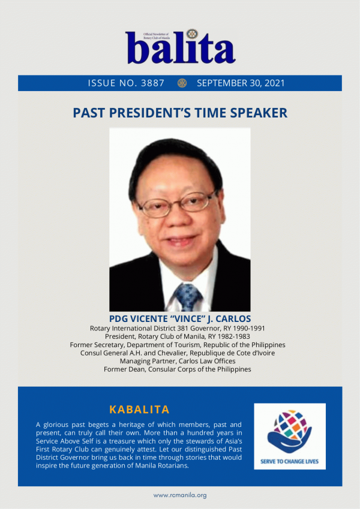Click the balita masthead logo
pos(181,47)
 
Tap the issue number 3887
pos(152,83)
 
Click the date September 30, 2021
pos(241,83)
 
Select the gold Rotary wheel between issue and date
pos(182,83)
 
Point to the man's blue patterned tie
pos(187,297)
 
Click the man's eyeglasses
pos(176,204)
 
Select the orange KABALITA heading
pos(139,409)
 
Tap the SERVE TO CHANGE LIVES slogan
pos(289,461)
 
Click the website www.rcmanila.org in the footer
pos(180,495)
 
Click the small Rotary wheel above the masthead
pos(193,34)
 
